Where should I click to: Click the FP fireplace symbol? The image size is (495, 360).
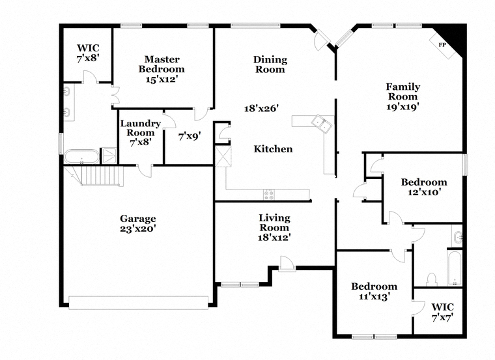pyautogui.click(x=442, y=45)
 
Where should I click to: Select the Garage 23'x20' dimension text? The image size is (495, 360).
pyautogui.click(x=137, y=228)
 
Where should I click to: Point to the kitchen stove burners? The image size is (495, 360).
pyautogui.click(x=268, y=194)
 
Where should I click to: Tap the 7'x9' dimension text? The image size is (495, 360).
pyautogui.click(x=190, y=136)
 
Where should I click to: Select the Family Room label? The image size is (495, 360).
pyautogui.click(x=403, y=91)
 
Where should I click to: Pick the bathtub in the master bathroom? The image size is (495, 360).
pyautogui.click(x=81, y=157)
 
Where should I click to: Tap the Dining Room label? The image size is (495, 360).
pyautogui.click(x=270, y=64)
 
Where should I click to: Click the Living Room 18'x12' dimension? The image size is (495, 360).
pyautogui.click(x=274, y=238)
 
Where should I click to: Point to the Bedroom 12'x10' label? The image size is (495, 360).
pyautogui.click(x=423, y=187)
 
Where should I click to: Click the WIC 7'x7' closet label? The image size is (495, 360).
pyautogui.click(x=442, y=311)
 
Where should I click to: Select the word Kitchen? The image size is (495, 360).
pyautogui.click(x=273, y=149)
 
